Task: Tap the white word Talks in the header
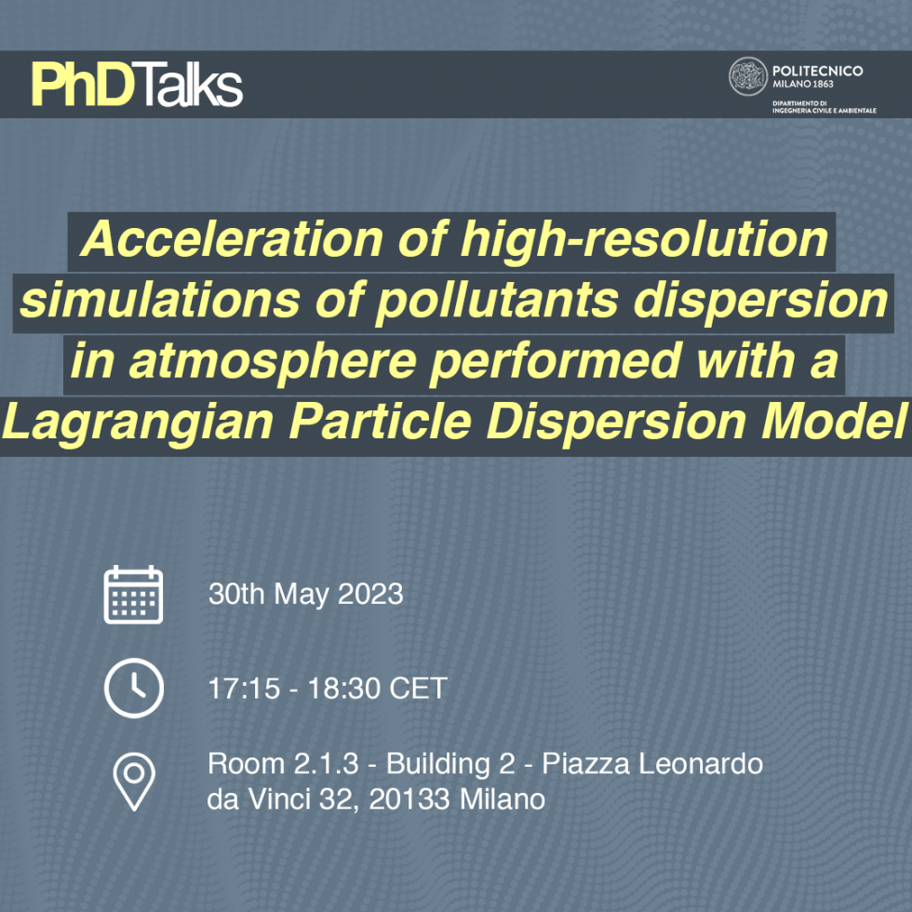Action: point(193,86)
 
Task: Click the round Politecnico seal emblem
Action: point(747,76)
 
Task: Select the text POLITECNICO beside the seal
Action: point(817,71)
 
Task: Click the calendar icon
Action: point(133,595)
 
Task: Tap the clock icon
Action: point(133,689)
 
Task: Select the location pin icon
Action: point(134,781)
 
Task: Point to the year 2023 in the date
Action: point(370,595)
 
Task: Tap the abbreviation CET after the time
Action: point(418,689)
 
